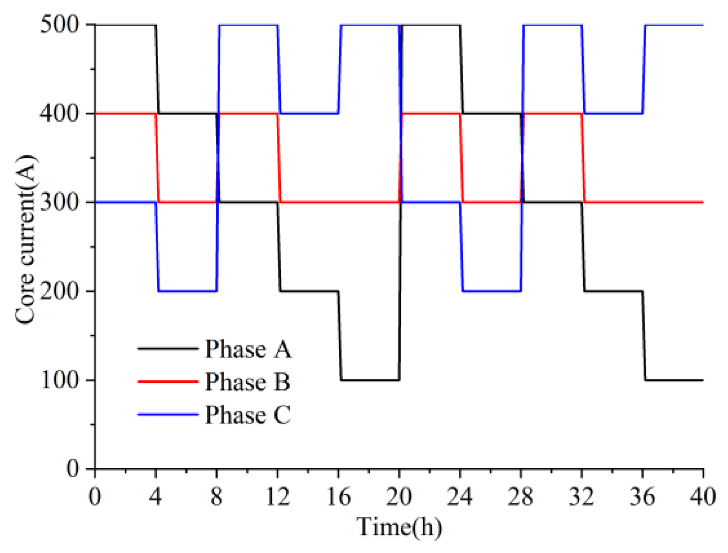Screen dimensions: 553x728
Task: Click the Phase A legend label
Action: click(x=248, y=349)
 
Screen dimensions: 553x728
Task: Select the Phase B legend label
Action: click(x=247, y=382)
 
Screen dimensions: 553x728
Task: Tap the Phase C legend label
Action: click(x=247, y=415)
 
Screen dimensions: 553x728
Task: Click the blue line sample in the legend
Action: click(x=168, y=415)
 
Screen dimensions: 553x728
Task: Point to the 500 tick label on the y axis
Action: click(x=60, y=25)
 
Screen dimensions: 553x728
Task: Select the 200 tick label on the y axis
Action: click(x=60, y=291)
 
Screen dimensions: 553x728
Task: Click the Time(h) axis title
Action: click(x=399, y=527)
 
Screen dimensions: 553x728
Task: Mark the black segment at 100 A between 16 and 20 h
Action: click(x=370, y=380)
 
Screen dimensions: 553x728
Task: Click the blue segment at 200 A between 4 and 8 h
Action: click(x=187, y=291)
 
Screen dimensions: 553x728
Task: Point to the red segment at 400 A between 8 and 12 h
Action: click(x=248, y=114)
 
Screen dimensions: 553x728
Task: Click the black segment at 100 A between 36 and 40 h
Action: click(x=674, y=380)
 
